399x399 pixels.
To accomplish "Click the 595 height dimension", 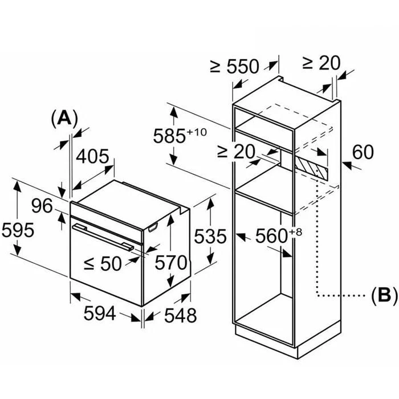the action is [x=18, y=230].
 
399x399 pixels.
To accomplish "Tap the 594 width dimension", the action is [x=100, y=313].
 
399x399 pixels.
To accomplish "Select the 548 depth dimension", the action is [x=181, y=315].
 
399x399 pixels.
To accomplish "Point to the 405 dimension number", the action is [x=92, y=156].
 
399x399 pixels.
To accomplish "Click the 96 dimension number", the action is [x=42, y=206].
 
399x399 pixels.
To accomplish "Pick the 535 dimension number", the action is [x=210, y=237].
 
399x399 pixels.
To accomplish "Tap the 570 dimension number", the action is [x=171, y=263].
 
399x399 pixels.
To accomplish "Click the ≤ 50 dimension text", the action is [x=103, y=263].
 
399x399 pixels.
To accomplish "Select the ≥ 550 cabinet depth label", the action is [x=234, y=67].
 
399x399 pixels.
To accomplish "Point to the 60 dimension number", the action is [x=363, y=152].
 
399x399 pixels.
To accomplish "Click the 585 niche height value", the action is [x=169, y=136].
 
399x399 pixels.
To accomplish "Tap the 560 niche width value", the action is [x=271, y=236].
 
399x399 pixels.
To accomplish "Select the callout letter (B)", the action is [x=384, y=296].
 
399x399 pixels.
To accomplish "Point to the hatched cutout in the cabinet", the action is [x=311, y=166].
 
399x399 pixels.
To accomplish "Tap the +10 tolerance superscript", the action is [x=197, y=132].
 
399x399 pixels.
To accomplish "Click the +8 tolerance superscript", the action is [x=295, y=232].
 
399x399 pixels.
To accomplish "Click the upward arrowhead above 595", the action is [x=17, y=187].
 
